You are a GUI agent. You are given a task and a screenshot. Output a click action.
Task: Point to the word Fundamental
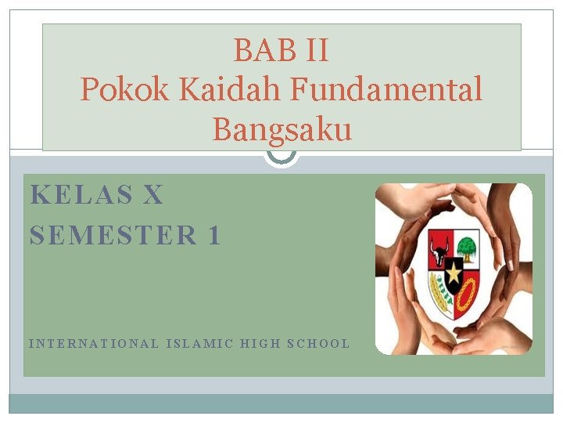387,90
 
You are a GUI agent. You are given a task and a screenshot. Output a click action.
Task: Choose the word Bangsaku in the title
281,129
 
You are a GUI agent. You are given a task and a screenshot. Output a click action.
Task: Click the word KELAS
81,195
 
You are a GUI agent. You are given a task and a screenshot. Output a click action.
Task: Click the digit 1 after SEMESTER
214,235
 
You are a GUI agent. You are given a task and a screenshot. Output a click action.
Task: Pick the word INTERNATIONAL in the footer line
93,343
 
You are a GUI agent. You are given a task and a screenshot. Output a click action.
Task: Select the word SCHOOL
318,343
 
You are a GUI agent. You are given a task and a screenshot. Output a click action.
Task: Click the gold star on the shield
454,272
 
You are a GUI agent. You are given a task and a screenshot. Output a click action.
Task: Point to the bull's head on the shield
439,250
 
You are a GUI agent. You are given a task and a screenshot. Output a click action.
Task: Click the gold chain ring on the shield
467,294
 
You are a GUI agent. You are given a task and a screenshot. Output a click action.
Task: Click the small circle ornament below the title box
281,157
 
